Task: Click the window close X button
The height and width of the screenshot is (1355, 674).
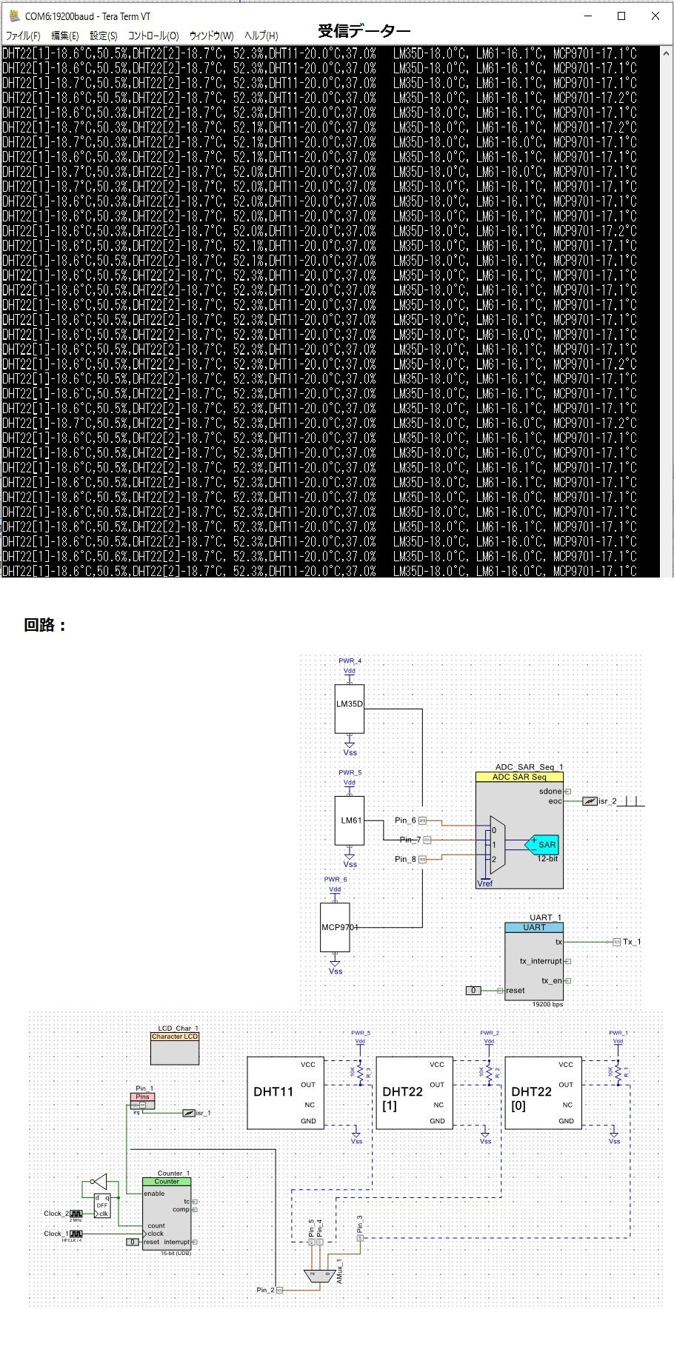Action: coord(655,16)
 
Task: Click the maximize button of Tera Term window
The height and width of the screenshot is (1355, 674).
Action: coord(621,16)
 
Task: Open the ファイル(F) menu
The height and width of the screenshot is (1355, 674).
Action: coord(23,36)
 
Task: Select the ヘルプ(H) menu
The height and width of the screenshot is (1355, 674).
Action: coord(261,36)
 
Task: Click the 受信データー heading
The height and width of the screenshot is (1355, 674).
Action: coord(364,31)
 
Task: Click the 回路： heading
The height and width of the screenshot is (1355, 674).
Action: coord(45,625)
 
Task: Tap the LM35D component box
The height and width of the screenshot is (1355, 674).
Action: coord(350,708)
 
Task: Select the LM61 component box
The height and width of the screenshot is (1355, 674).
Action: coord(350,820)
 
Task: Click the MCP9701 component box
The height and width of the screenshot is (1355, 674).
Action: coord(335,927)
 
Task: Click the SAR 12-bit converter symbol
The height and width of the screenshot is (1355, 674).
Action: coord(544,844)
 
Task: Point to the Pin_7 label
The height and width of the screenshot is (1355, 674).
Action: coord(410,840)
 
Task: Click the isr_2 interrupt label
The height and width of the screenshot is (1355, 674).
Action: coord(607,801)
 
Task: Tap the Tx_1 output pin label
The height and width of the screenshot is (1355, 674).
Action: coord(631,942)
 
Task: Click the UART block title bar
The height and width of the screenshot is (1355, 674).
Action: coord(534,927)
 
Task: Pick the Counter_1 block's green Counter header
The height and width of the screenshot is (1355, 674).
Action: coord(167,1182)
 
